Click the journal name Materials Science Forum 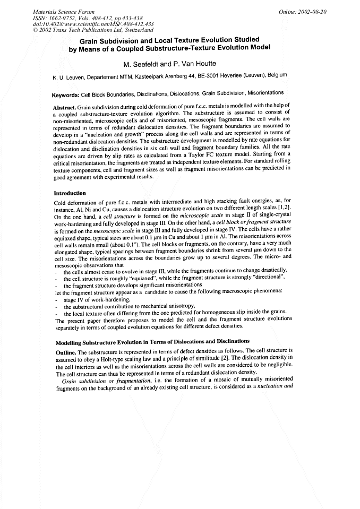[x=56, y=11]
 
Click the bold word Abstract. [x=65, y=108]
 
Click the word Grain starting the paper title [x=91, y=40]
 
